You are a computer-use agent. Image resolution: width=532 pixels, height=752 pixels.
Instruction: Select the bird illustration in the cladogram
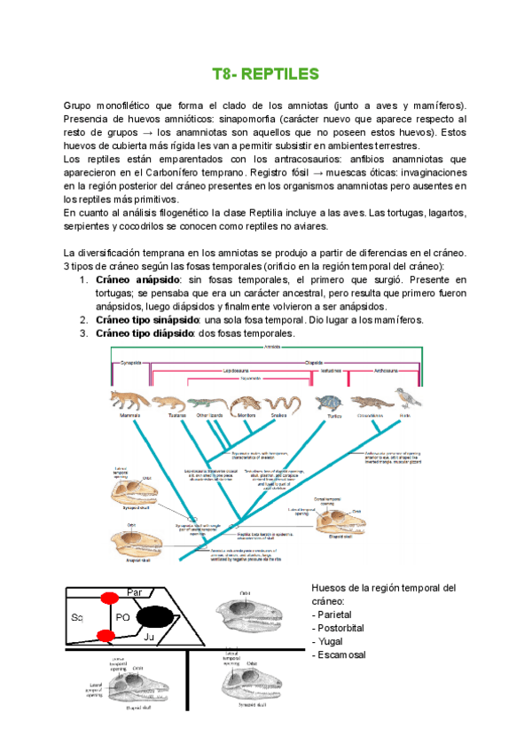click(408, 396)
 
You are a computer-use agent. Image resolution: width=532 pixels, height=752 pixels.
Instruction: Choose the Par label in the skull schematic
click(136, 591)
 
